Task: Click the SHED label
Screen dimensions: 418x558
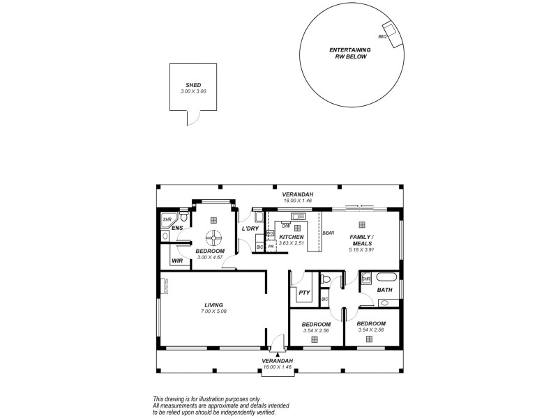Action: click(x=193, y=85)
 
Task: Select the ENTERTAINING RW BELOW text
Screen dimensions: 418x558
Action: click(x=349, y=54)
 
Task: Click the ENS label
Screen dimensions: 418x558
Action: click(x=177, y=228)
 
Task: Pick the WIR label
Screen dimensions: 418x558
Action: click(x=177, y=261)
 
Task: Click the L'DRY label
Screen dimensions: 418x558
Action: click(x=250, y=229)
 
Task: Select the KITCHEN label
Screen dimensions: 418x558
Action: click(x=292, y=237)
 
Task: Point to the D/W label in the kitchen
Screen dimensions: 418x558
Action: click(x=286, y=225)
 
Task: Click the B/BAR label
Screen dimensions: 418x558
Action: click(x=329, y=233)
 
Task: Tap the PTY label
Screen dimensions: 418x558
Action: click(x=303, y=293)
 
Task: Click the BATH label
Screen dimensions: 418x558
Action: click(x=384, y=289)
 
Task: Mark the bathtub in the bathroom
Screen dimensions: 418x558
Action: click(x=389, y=302)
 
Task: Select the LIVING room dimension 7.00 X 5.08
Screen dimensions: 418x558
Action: click(x=213, y=311)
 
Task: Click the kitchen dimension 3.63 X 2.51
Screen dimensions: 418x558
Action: click(x=292, y=243)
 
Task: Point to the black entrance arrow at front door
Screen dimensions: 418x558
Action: click(x=278, y=355)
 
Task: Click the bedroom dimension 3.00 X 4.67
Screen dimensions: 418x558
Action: click(x=210, y=257)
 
